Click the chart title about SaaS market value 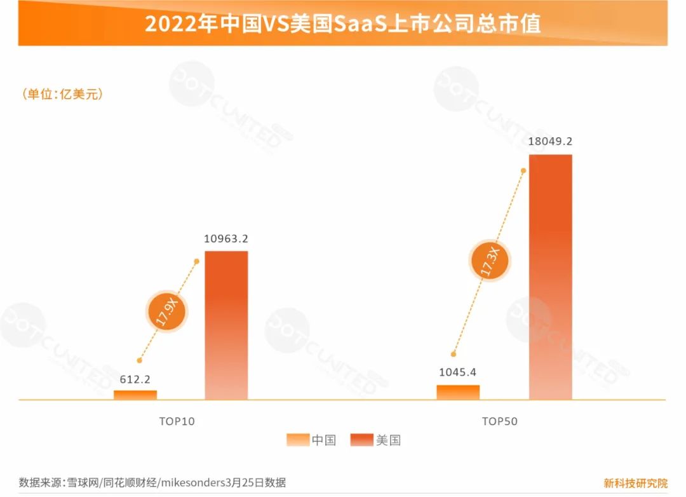point(342,24)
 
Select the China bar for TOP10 point(135,395)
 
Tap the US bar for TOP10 point(226,325)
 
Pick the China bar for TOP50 point(458,392)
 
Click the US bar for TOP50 point(550,276)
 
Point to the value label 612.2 point(135,379)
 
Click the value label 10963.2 point(226,239)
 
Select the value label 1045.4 point(458,372)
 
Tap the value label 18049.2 point(550,142)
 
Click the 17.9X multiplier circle point(167,311)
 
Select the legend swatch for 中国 point(297,440)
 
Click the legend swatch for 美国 point(362,440)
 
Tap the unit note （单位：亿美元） point(63,94)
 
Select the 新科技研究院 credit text point(635,482)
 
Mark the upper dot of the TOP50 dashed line point(523,170)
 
